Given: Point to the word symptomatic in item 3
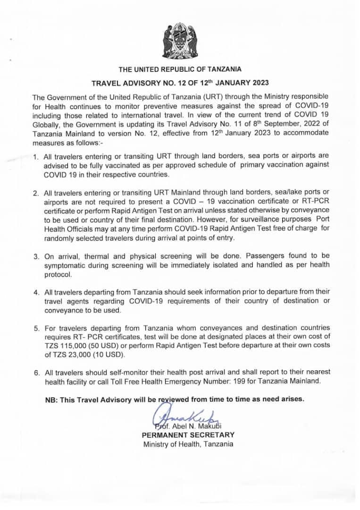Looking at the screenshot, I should point(65,265).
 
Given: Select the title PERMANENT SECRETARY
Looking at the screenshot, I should point(188,434).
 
